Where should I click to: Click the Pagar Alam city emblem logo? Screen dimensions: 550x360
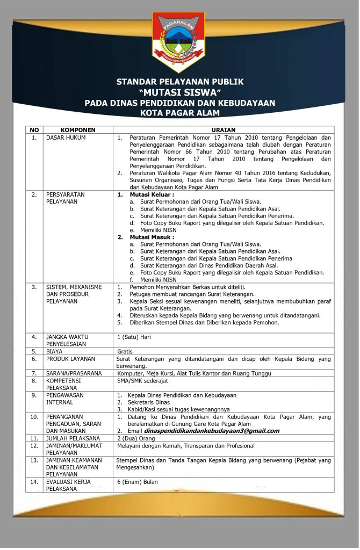tap(179, 41)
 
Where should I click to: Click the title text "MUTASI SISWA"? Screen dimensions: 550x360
tap(180, 92)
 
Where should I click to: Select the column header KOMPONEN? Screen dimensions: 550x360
tap(78, 130)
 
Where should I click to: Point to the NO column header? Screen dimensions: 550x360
tap(34, 130)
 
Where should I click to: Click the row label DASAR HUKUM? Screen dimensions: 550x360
tap(66, 137)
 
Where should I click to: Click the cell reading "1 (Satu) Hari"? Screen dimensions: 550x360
tap(135, 337)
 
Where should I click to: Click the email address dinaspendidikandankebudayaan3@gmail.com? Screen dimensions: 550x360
tap(212, 431)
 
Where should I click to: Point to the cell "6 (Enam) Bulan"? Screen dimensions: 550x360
tap(138, 482)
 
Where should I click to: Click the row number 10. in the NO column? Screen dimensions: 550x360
tap(34, 416)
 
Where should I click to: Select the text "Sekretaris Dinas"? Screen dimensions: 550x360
tap(149, 402)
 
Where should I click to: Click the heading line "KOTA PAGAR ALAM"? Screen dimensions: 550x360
tap(180, 113)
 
